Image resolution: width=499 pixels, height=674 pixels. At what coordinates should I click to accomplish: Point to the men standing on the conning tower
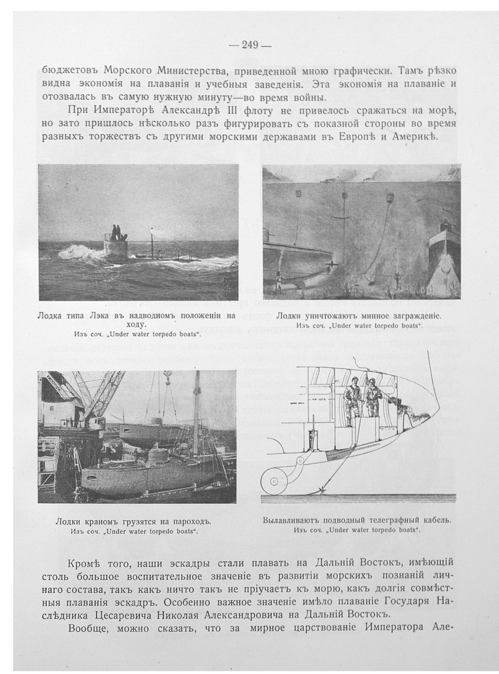116,233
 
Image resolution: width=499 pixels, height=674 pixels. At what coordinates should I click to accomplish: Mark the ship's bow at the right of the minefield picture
445,249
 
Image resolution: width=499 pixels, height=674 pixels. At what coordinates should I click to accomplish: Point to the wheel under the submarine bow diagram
274,480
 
